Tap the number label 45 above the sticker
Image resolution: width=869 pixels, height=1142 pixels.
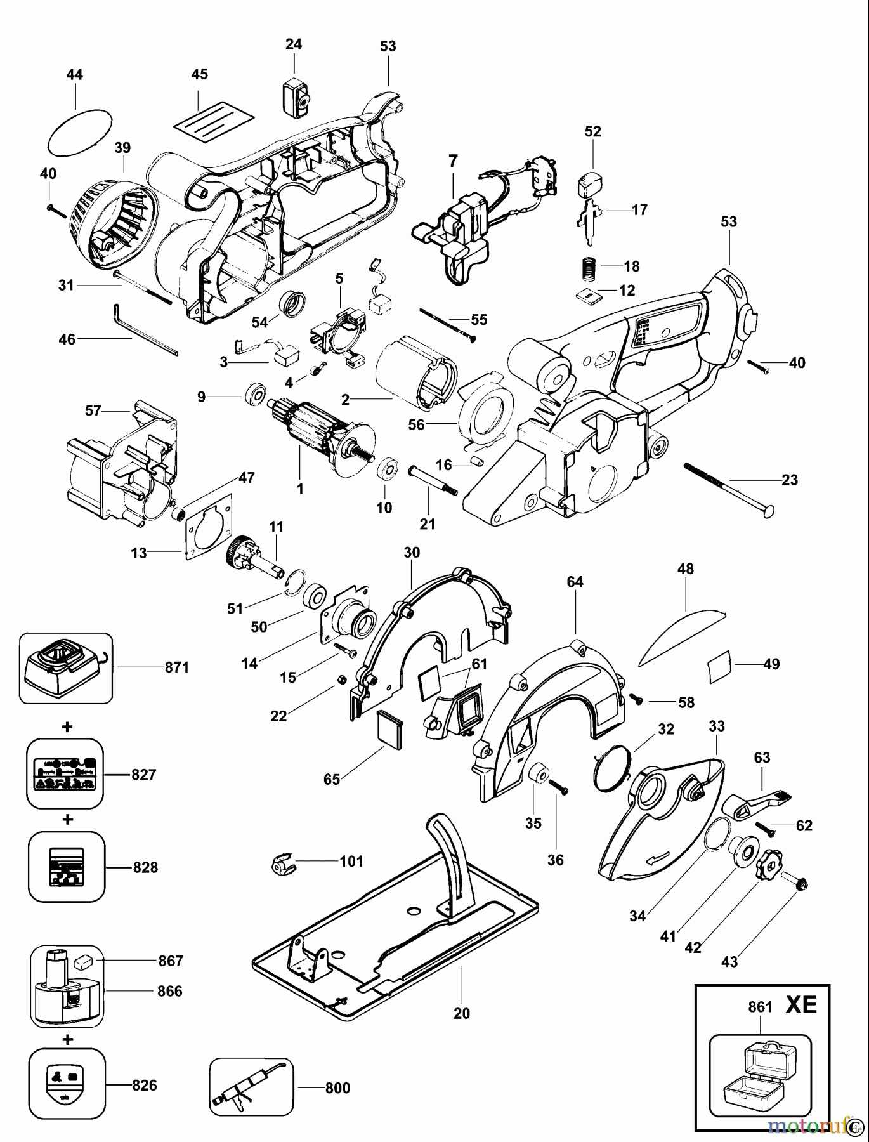click(x=199, y=74)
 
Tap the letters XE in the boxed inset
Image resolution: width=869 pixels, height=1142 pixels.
click(x=801, y=1006)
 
